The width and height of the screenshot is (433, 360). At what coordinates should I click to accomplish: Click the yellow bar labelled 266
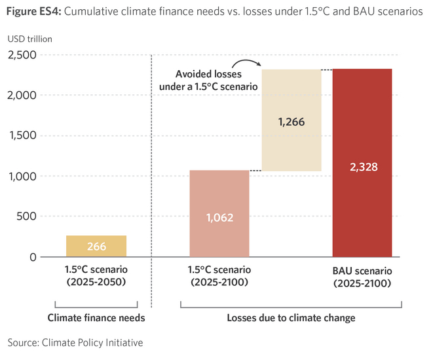coord(96,246)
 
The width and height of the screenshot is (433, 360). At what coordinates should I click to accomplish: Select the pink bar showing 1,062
coord(219,214)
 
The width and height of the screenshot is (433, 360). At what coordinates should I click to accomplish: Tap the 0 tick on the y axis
coord(33,257)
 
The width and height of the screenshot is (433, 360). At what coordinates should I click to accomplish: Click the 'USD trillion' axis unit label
coord(30,39)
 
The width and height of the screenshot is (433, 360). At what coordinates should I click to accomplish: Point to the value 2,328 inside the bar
coord(362,167)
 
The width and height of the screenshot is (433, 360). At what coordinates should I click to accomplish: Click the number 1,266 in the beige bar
coord(292,122)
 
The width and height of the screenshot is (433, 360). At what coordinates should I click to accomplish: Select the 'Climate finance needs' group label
coord(96,318)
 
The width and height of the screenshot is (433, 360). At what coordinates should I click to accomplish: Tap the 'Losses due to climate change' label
coord(291,318)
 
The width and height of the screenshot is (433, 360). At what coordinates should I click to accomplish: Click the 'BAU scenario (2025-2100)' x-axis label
coord(362,277)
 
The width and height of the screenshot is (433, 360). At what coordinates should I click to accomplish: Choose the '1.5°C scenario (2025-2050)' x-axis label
coord(96,277)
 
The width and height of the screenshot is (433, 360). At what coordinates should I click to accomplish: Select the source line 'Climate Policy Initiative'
coord(92,342)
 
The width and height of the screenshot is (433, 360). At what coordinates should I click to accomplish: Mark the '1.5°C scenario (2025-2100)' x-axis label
coord(219,277)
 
